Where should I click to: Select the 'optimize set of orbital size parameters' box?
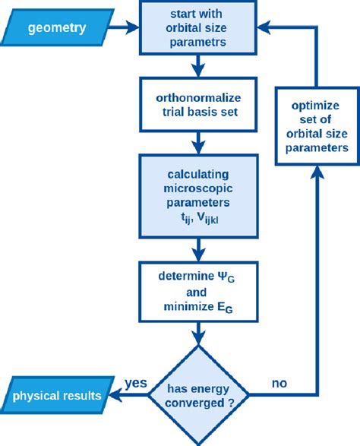click(315, 127)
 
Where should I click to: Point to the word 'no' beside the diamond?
click(279, 384)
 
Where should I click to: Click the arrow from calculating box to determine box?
click(197, 248)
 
